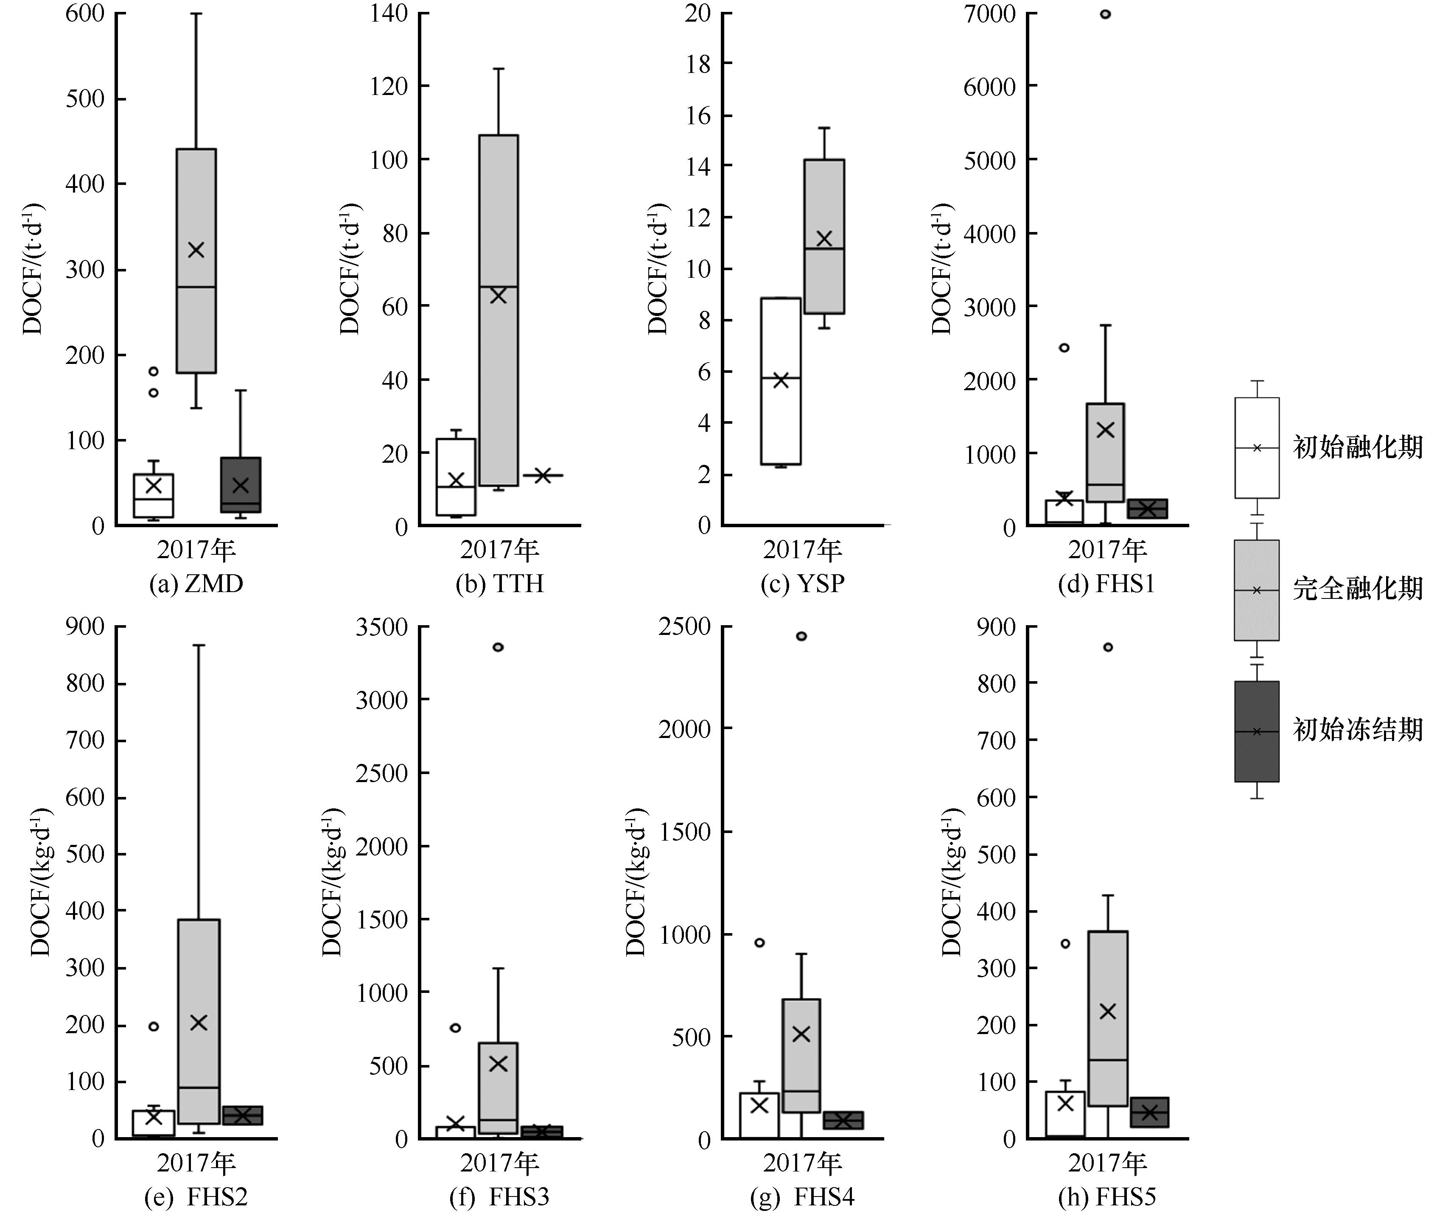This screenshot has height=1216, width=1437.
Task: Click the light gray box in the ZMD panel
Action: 196,260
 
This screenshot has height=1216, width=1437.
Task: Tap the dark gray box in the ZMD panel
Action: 241,485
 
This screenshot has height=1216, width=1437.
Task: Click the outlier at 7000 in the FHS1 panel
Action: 1105,14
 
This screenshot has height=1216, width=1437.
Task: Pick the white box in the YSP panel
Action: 781,381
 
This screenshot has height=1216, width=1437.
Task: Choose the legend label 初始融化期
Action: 1357,447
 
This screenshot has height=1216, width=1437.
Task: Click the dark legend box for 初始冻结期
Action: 1256,731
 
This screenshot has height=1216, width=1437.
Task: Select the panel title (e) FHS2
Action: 196,1197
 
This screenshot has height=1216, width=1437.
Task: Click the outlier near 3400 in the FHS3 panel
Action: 498,647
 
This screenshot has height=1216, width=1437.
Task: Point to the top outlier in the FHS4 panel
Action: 801,636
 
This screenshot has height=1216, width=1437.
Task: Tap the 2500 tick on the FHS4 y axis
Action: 684,626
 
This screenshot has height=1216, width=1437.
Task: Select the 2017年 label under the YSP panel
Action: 803,549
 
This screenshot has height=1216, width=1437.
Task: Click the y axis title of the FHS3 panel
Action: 332,882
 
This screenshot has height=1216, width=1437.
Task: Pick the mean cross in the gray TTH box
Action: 498,296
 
